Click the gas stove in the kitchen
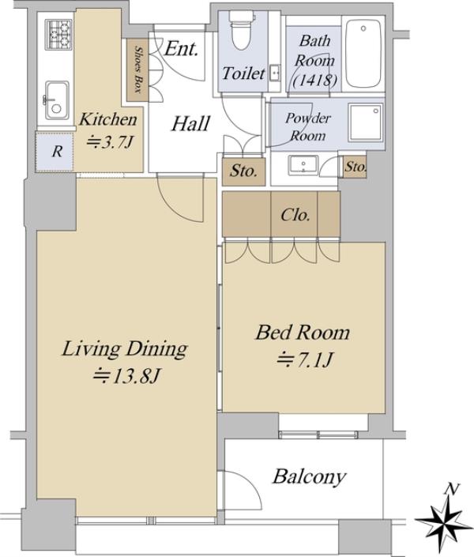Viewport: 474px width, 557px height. click(59, 35)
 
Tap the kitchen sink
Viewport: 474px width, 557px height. click(57, 101)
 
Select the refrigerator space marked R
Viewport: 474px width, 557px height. click(55, 152)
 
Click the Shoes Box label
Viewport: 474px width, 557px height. click(137, 70)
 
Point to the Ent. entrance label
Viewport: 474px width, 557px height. click(181, 48)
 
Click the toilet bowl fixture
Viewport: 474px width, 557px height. click(241, 30)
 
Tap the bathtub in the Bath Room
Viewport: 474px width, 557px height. click(364, 53)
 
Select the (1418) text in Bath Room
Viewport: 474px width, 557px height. click(315, 81)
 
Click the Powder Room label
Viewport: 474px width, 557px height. click(308, 127)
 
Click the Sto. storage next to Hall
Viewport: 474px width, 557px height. click(244, 171)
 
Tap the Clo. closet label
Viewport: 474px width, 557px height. click(295, 215)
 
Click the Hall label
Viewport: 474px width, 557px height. click(190, 124)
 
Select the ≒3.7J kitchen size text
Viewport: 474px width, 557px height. click(110, 142)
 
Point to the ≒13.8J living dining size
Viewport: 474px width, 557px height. click(126, 376)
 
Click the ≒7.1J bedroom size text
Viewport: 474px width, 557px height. click(305, 359)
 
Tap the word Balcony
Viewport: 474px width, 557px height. click(309, 476)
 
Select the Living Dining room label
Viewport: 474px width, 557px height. click(125, 349)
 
